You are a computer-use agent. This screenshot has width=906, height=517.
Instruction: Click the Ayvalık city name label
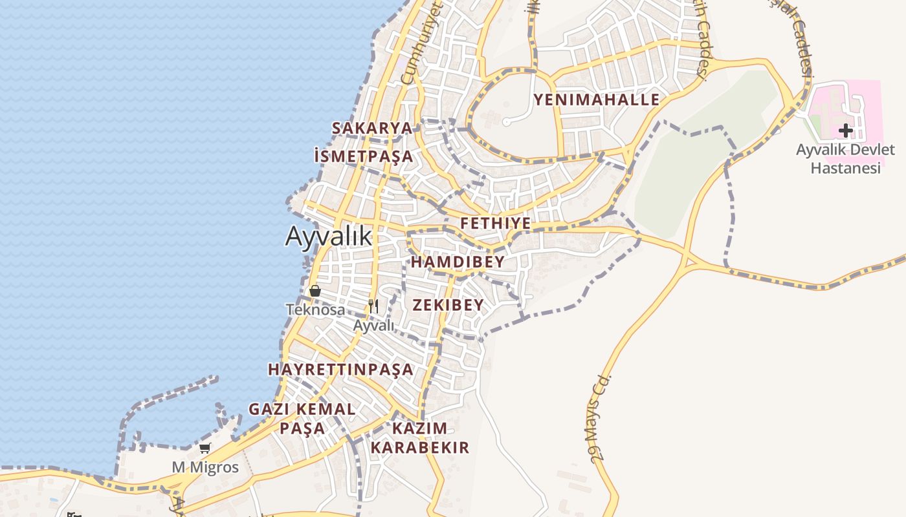(329, 237)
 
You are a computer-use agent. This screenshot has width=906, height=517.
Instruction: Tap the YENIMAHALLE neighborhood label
(596, 100)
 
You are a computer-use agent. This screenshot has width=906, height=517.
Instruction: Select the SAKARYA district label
(372, 128)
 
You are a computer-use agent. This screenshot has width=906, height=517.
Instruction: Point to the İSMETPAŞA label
(363, 156)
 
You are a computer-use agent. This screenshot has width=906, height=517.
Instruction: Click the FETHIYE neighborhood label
(496, 224)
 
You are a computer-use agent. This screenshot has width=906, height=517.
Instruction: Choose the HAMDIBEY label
(458, 262)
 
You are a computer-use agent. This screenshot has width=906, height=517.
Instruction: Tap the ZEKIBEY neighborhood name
(448, 305)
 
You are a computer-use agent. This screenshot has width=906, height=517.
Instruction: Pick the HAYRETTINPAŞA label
(340, 370)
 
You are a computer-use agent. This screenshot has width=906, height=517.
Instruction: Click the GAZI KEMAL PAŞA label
(302, 418)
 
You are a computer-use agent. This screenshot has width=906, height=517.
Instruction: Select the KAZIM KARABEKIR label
(419, 438)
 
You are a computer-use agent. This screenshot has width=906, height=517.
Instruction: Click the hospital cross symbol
(845, 131)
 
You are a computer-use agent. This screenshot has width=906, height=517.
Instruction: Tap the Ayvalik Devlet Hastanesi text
(845, 159)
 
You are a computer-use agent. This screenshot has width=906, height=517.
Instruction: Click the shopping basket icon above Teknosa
(315, 291)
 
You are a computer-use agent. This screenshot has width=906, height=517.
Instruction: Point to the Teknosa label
(316, 310)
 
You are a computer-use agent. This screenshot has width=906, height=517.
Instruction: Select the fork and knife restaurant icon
(373, 306)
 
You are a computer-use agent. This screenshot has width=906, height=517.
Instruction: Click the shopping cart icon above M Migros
(205, 448)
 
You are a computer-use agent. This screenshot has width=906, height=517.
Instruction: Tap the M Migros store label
(205, 467)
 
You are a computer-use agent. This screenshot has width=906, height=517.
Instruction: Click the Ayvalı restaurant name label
(373, 325)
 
